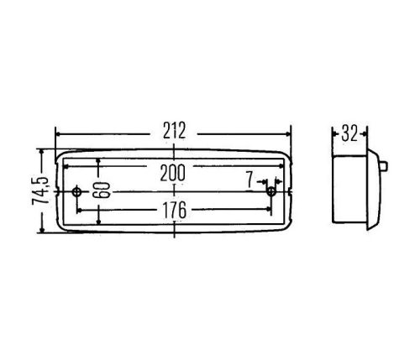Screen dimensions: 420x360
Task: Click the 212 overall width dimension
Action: pyautogui.click(x=174, y=131)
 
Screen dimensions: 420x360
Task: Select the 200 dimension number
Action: pyautogui.click(x=172, y=173)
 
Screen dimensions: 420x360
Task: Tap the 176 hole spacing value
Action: pyautogui.click(x=175, y=211)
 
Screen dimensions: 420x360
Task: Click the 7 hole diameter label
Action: pyautogui.click(x=249, y=180)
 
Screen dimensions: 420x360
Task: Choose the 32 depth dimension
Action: pyautogui.click(x=349, y=133)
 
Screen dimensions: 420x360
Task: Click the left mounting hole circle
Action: pyautogui.click(x=76, y=192)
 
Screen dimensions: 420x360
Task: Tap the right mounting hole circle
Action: pyautogui.click(x=270, y=192)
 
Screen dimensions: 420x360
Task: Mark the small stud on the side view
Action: pyautogui.click(x=385, y=166)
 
